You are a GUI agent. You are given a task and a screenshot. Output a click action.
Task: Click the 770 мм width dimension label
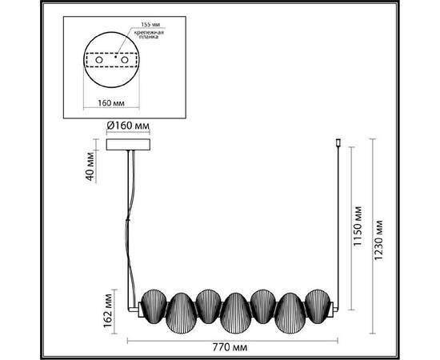coord(230,348)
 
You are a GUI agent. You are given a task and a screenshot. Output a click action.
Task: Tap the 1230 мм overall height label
coord(378,240)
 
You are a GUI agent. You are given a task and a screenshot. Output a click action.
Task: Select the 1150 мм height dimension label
coord(358,226)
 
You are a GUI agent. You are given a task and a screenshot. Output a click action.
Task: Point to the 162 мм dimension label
coord(108,310)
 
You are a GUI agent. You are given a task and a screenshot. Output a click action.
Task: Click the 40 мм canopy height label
coord(90,166)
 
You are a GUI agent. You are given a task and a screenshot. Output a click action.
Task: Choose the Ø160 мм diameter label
coord(128,126)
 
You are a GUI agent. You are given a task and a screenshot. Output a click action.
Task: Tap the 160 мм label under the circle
coord(111,103)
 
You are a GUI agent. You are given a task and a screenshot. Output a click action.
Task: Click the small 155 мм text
coord(150,25)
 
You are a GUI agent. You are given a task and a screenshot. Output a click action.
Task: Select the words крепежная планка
coord(149,34)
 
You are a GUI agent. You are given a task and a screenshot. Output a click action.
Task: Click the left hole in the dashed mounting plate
coord(99,60)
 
